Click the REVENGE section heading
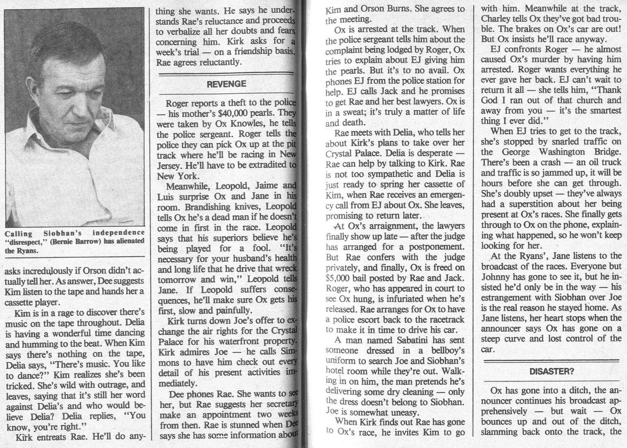pyautogui.click(x=226, y=84)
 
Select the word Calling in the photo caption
pyautogui.click(x=18, y=233)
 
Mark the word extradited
pyautogui.click(x=263, y=165)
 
